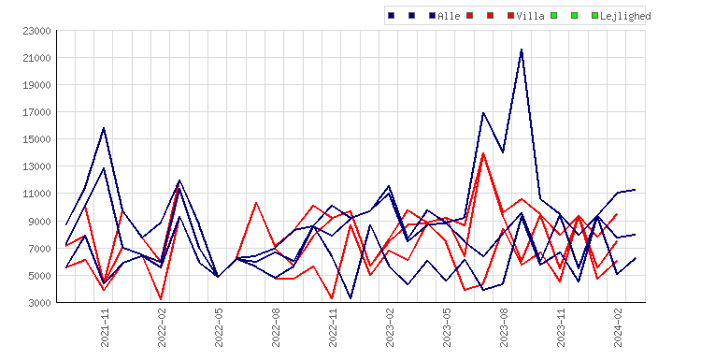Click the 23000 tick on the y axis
tap(36, 31)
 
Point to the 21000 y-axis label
tap(36, 58)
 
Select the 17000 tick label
tap(36, 112)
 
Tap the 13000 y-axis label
tap(36, 166)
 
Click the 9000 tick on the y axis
tap(39, 222)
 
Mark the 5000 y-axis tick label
tap(39, 276)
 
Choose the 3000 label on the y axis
tap(39, 303)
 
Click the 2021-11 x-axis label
tap(105, 327)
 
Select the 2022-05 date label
tap(219, 327)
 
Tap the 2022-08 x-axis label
tap(276, 327)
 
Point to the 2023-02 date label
tap(390, 327)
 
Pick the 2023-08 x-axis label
tap(504, 327)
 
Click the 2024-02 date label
tap(618, 327)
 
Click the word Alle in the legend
tap(449, 16)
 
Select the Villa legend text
tap(530, 16)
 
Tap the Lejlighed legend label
tap(625, 16)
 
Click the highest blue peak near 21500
tap(522, 50)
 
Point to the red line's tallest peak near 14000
tap(483, 153)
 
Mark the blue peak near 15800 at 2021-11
tap(104, 128)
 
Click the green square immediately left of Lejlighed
tap(594, 16)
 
